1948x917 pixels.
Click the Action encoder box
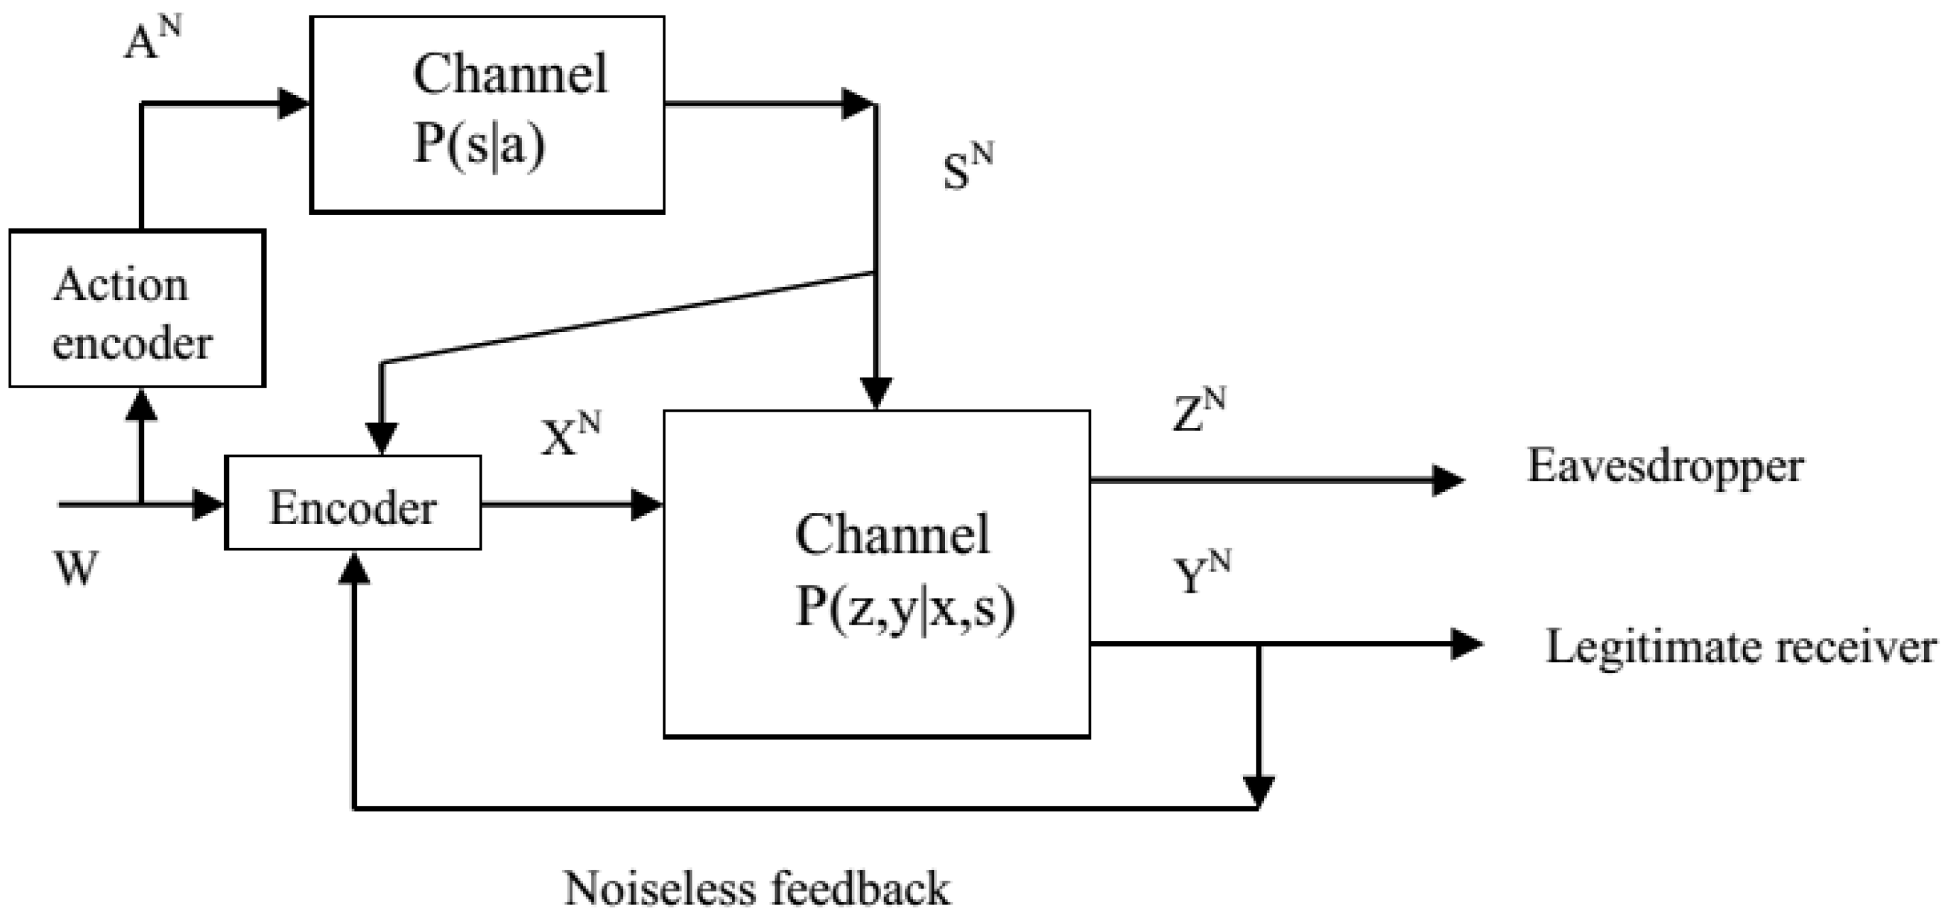point(137,309)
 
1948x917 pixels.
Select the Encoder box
point(353,503)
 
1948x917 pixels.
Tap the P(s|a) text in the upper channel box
point(480,144)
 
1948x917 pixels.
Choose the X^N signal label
point(570,435)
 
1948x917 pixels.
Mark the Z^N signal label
point(1199,411)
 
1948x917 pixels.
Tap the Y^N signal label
point(1201,573)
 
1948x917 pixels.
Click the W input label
point(77,568)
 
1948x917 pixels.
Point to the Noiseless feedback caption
point(756,888)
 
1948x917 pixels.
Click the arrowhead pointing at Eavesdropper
point(1447,480)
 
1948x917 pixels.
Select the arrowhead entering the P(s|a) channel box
point(295,103)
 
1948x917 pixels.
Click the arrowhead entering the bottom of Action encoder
point(141,405)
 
